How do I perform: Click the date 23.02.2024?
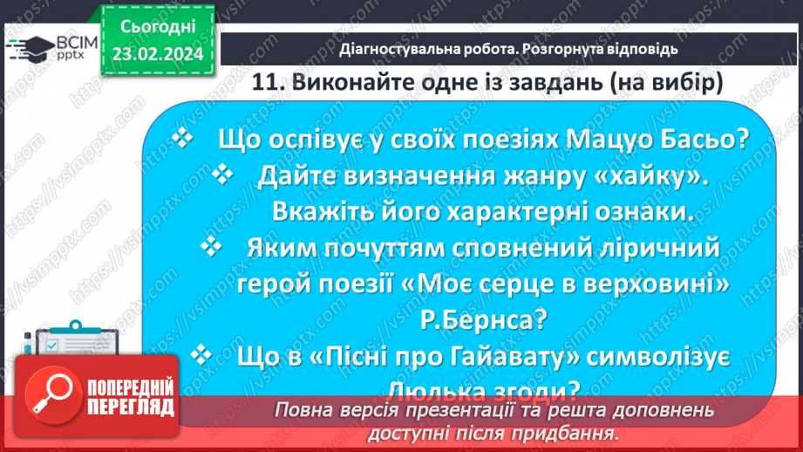pos(156,55)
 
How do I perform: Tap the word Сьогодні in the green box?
pos(156,28)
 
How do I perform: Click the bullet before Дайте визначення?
pos(223,175)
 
